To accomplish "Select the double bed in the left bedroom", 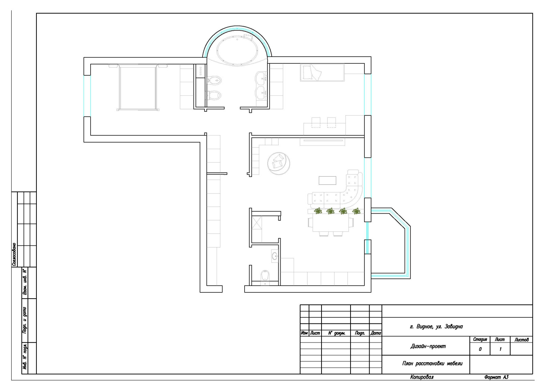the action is pyautogui.click(x=138, y=87).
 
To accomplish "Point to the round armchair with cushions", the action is pyautogui.click(x=279, y=164).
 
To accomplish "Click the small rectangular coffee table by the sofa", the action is pyautogui.click(x=327, y=180).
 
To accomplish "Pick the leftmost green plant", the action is pyautogui.click(x=318, y=211).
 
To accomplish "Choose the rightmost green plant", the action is pyautogui.click(x=356, y=211).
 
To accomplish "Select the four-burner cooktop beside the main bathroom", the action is pyautogui.click(x=200, y=71).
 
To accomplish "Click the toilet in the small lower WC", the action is pyautogui.click(x=265, y=276).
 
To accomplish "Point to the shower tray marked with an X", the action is pyautogui.click(x=257, y=223).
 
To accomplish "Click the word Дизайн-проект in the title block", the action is pyautogui.click(x=428, y=346).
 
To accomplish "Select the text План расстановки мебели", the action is pyautogui.click(x=432, y=363).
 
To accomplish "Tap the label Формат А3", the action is pyautogui.click(x=496, y=377).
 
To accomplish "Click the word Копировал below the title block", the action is pyautogui.click(x=422, y=377).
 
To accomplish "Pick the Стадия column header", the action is pyautogui.click(x=480, y=340).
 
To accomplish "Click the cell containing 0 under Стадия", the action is pyautogui.click(x=480, y=349).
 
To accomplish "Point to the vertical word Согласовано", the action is pyautogui.click(x=14, y=254).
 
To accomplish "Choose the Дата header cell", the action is pyautogui.click(x=376, y=333).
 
